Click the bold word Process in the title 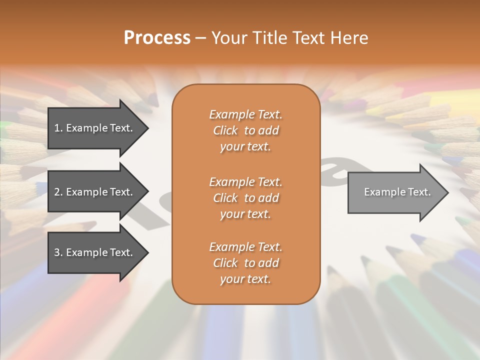(x=157, y=38)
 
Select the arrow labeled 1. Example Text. (x=95, y=128)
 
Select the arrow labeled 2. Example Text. (x=95, y=192)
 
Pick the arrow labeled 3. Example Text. (x=95, y=252)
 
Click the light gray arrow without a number (x=395, y=192)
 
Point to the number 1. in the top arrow (x=58, y=128)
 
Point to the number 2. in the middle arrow (x=58, y=192)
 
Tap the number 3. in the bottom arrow (x=58, y=252)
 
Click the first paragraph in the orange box (x=245, y=130)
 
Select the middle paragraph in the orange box (x=245, y=198)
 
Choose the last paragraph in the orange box (x=245, y=263)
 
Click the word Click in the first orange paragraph (x=225, y=130)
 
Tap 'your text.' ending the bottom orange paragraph (x=245, y=279)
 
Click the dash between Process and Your (x=200, y=38)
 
